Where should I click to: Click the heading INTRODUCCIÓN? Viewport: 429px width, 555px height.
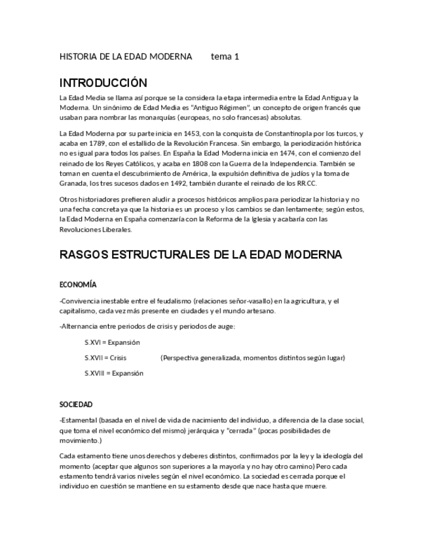pyautogui.click(x=103, y=83)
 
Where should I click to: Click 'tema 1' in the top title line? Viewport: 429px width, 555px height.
pyautogui.click(x=225, y=56)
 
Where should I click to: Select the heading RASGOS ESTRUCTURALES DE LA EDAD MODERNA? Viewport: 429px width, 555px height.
pyautogui.click(x=200, y=254)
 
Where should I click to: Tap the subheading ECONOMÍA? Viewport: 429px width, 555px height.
pyautogui.click(x=78, y=285)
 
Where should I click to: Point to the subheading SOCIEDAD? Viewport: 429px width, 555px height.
pyautogui.click(x=76, y=404)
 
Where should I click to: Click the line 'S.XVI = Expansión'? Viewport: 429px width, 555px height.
pyautogui.click(x=112, y=342)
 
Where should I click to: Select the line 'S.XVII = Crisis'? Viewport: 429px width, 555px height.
pyautogui.click(x=105, y=358)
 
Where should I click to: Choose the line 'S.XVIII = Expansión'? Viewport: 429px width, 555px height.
pyautogui.click(x=114, y=374)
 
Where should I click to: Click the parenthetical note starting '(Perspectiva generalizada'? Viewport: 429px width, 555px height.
pyautogui.click(x=253, y=358)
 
